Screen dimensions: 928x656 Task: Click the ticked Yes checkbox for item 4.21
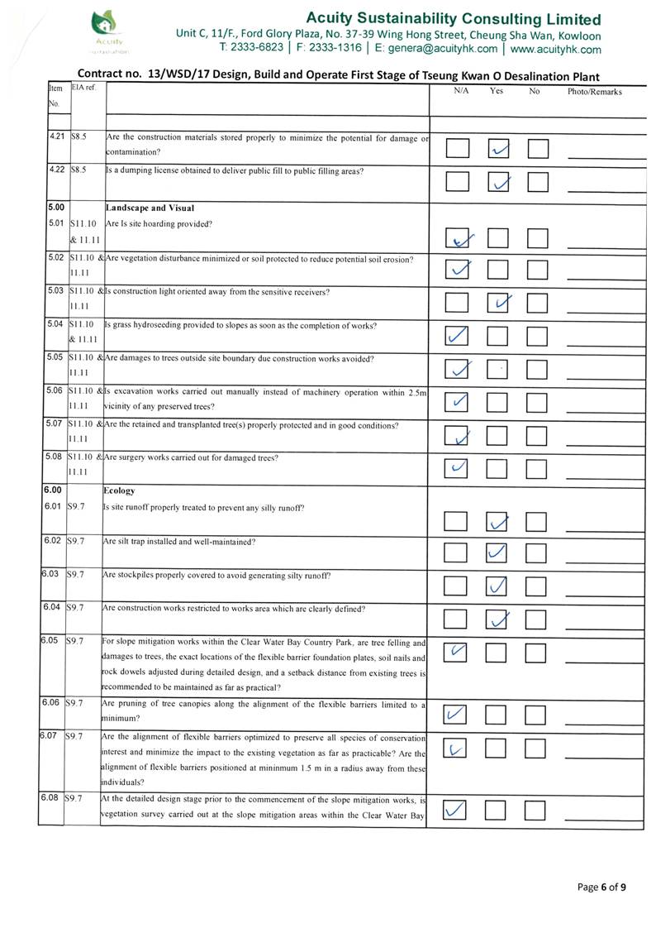pyautogui.click(x=498, y=149)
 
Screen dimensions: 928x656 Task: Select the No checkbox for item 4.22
pyautogui.click(x=538, y=181)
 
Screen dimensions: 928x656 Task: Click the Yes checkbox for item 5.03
pyautogui.click(x=498, y=304)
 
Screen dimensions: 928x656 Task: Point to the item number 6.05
pyautogui.click(x=50, y=640)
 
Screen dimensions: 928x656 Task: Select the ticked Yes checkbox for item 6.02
pyautogui.click(x=498, y=552)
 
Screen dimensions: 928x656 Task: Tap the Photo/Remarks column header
pyautogui.click(x=594, y=92)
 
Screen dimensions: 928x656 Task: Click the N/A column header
pyautogui.click(x=462, y=91)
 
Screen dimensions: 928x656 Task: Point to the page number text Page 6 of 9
pyautogui.click(x=601, y=887)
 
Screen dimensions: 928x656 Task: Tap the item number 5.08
pyautogui.click(x=54, y=456)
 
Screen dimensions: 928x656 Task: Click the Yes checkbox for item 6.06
pyautogui.click(x=498, y=713)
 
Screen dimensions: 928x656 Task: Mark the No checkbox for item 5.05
pyautogui.click(x=538, y=369)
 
